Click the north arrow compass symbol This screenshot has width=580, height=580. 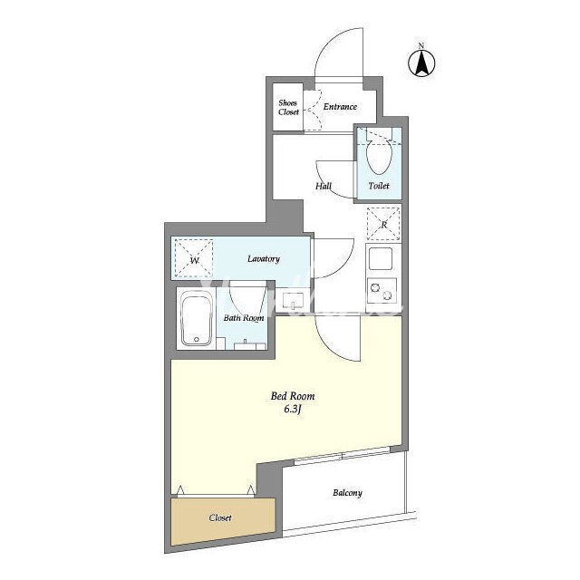point(421,62)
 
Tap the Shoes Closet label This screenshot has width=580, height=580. point(288,107)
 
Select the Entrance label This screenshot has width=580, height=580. point(340,107)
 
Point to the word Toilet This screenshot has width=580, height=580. point(379,185)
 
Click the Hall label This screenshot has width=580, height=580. point(324,186)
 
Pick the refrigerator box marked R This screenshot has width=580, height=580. point(383,224)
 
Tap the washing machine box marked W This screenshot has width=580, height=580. point(194,258)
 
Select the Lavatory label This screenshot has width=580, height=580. point(264,258)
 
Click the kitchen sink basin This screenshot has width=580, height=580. point(381,258)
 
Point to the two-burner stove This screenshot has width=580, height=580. point(382,290)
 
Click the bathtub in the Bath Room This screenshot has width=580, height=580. point(196,318)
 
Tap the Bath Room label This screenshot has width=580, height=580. point(244,318)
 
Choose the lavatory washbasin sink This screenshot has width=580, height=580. point(293,301)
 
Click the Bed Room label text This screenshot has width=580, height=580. point(293,396)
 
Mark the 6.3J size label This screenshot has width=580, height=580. point(293,410)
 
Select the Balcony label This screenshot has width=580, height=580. point(347,493)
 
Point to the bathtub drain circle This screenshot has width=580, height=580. point(197,339)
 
